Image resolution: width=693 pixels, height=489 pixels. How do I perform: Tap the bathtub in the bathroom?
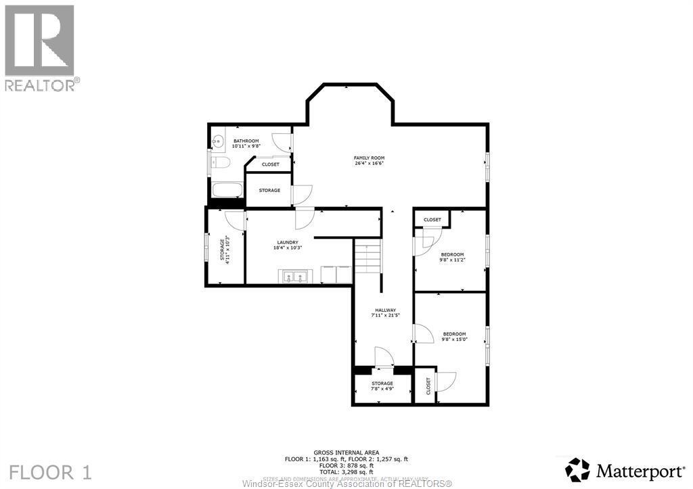[225, 190]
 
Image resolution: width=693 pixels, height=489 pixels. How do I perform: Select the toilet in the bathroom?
[221, 162]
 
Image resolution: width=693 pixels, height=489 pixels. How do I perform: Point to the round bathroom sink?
[217, 142]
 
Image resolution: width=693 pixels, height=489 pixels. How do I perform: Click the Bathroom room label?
[246, 143]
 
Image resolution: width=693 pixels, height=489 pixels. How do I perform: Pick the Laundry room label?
[288, 245]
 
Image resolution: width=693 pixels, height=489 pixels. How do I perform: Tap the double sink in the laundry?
[294, 276]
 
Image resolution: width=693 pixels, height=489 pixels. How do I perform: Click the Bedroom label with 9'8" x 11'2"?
[453, 257]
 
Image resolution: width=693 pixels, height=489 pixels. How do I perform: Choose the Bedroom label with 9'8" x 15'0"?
[454, 336]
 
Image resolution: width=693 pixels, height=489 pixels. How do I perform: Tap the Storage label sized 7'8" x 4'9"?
[382, 386]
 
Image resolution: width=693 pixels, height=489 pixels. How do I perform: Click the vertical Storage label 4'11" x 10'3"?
[224, 249]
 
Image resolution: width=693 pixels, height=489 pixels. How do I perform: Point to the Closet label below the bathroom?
[270, 164]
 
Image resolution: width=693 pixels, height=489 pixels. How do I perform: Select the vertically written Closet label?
[428, 386]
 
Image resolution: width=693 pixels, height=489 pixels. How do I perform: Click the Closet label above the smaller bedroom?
[432, 220]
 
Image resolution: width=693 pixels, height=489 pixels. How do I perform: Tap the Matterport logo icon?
[577, 469]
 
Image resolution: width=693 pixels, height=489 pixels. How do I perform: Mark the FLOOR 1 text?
[51, 471]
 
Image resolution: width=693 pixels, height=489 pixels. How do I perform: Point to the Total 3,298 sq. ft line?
[346, 471]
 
